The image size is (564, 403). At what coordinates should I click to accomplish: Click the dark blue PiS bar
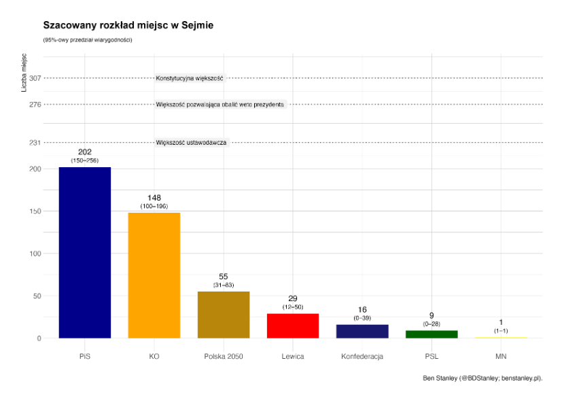tap(85, 252)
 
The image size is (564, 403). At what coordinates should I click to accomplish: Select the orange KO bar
tap(154, 275)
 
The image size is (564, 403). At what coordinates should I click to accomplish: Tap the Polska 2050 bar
tap(224, 315)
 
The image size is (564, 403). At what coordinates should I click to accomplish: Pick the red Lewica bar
tap(293, 326)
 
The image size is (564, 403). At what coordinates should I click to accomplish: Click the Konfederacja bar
tap(362, 331)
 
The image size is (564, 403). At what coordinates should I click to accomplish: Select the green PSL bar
tap(431, 334)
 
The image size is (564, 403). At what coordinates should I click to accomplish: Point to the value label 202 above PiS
tap(85, 152)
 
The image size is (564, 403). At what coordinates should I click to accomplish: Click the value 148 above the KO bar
tap(154, 198)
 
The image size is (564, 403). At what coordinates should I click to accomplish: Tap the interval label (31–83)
tap(224, 285)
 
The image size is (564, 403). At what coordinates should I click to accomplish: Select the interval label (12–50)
tap(293, 307)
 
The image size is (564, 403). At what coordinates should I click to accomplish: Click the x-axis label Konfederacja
tap(362, 356)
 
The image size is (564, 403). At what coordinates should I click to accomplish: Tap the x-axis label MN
tap(501, 356)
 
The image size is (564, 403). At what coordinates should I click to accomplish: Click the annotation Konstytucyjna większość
tap(190, 78)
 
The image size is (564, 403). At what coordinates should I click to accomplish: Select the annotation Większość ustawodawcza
tap(191, 142)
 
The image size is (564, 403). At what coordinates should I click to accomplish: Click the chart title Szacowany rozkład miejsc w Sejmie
tap(128, 25)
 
